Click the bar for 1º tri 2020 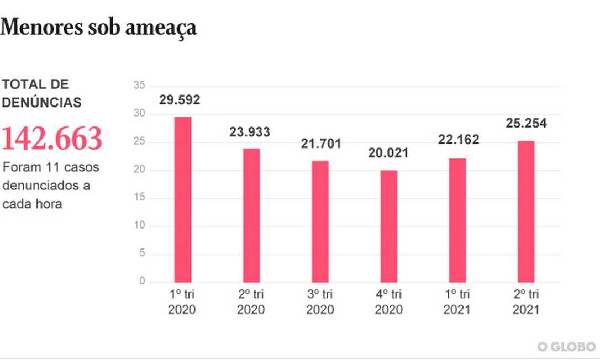(182, 199)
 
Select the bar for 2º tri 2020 (251, 215)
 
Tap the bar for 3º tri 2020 (320, 221)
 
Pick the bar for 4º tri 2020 (388, 226)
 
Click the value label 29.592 (180, 100)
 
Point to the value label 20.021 (388, 153)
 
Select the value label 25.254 (526, 123)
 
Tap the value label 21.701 (321, 144)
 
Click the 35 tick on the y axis (139, 86)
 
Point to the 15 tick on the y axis (139, 198)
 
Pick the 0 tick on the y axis (142, 282)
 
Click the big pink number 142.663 (52, 139)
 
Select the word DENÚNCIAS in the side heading (41, 103)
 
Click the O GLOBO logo (566, 346)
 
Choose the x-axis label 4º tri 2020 (389, 301)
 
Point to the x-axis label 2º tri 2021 (526, 301)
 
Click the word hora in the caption (47, 203)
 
